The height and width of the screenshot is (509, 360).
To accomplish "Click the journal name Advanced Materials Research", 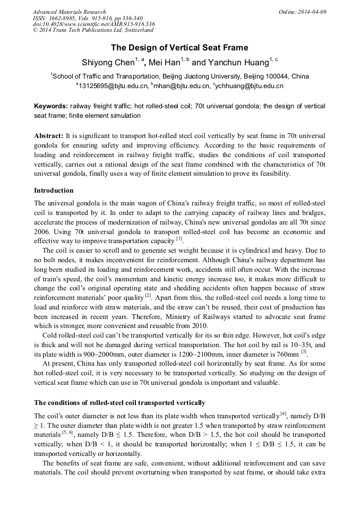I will pyautogui.click(x=69, y=12).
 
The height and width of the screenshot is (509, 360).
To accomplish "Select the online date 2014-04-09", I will pyautogui.click(x=311, y=12).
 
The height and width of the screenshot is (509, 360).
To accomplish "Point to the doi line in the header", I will pyautogui.click(x=93, y=24).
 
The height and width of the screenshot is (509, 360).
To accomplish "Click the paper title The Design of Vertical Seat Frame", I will pyautogui.click(x=179, y=48).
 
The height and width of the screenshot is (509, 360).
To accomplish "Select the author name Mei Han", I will pyautogui.click(x=164, y=63).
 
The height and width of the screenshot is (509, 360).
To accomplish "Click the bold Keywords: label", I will pyautogui.click(x=51, y=106).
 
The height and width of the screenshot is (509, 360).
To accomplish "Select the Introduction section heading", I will pyautogui.click(x=54, y=191).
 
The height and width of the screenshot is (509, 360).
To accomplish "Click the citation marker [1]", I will pyautogui.click(x=179, y=239).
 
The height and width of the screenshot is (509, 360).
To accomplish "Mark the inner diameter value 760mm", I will pyautogui.click(x=286, y=353).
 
